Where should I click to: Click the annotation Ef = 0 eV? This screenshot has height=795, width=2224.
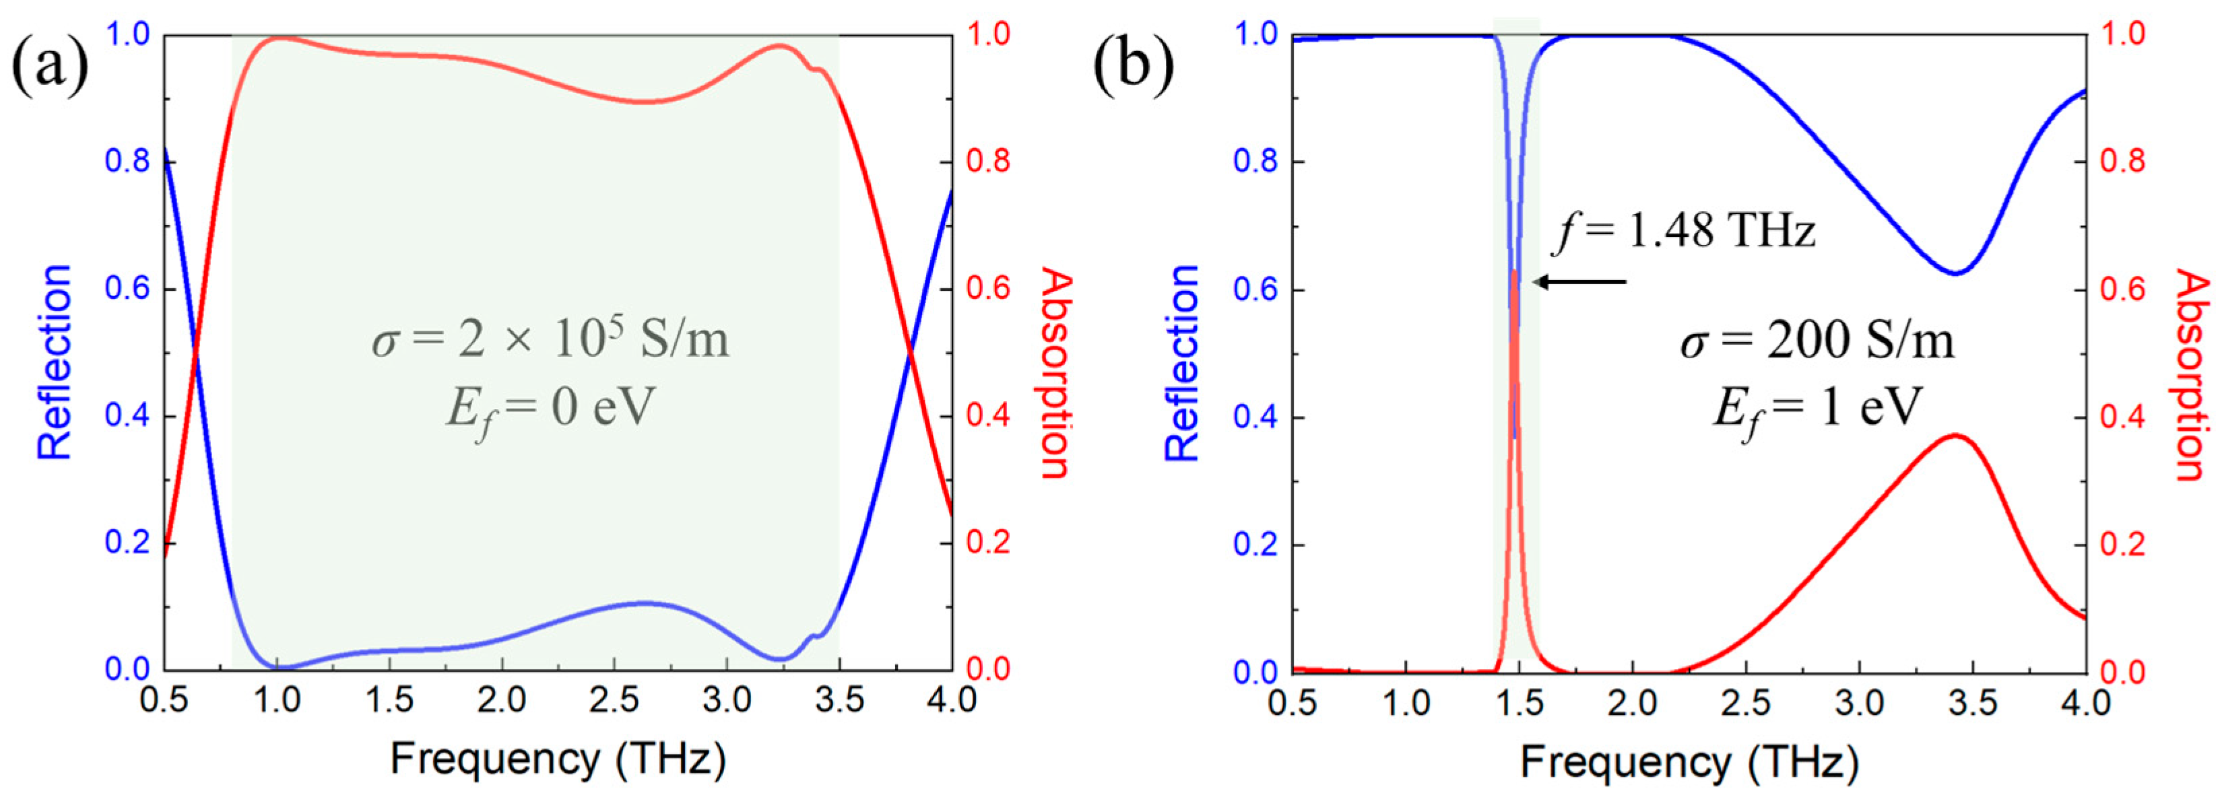click(x=550, y=409)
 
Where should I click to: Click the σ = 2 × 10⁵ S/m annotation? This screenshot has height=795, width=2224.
click(x=550, y=339)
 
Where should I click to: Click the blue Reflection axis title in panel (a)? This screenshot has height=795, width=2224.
click(x=53, y=363)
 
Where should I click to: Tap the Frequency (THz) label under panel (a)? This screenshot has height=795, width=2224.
click(x=558, y=759)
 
